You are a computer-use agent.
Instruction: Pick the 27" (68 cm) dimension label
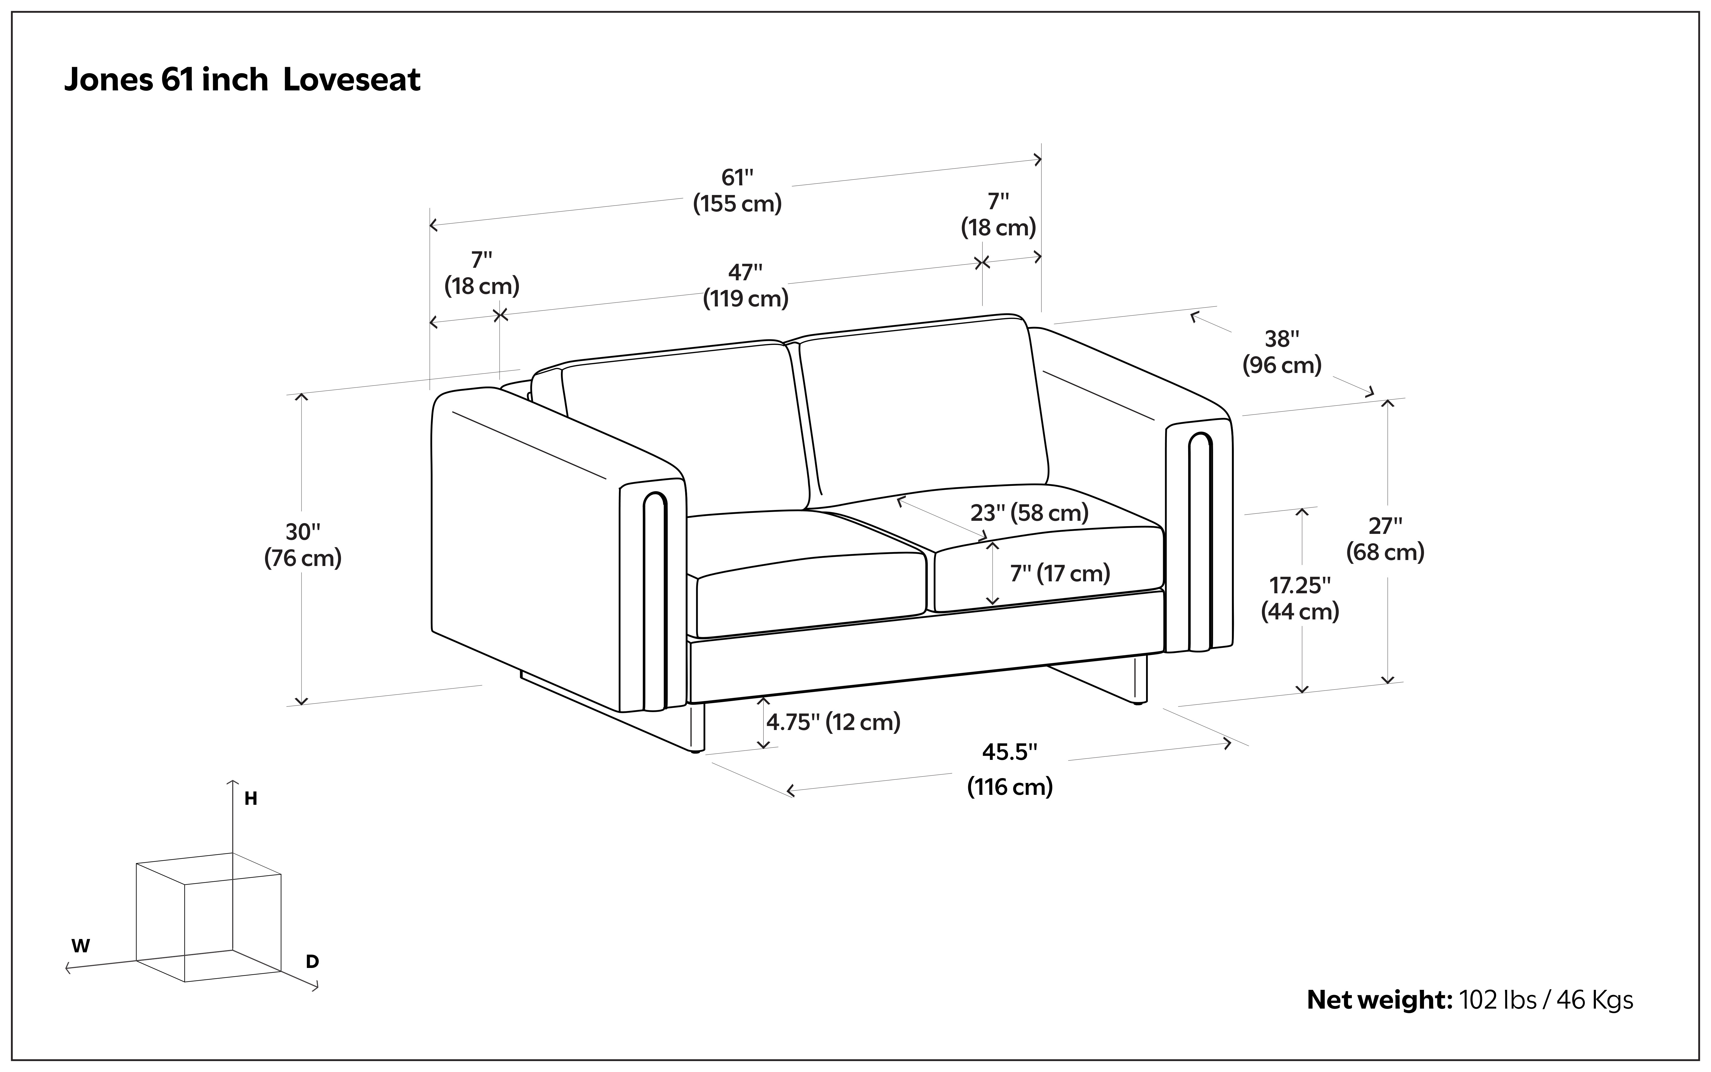1385,539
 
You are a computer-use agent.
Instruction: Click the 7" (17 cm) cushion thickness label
1060,573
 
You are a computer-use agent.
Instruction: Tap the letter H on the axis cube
250,799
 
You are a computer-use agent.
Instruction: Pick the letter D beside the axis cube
312,962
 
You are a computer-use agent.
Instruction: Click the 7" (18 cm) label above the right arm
998,215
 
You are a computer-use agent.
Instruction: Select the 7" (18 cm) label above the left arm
482,273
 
